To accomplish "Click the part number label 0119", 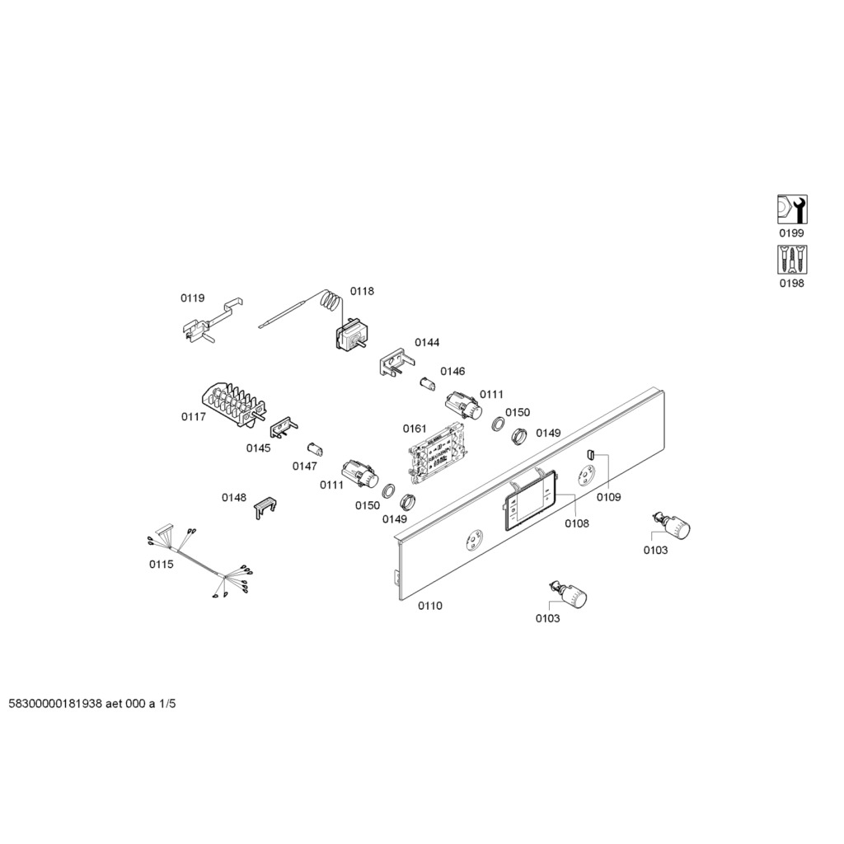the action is coord(192,298).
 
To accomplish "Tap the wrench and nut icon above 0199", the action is coord(792,209).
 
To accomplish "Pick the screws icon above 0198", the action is coord(792,260).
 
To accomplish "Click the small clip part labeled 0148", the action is coord(265,508).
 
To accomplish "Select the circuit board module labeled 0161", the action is coord(435,451).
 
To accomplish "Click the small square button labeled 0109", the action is coord(589,455).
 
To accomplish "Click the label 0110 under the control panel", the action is coord(430,606).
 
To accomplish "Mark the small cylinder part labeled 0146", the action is coord(427,384).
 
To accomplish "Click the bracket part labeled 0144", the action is coord(397,362).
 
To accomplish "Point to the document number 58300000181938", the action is coord(55,704).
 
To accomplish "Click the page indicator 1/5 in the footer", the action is coord(167,704).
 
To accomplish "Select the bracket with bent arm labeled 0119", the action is coord(212,321).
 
